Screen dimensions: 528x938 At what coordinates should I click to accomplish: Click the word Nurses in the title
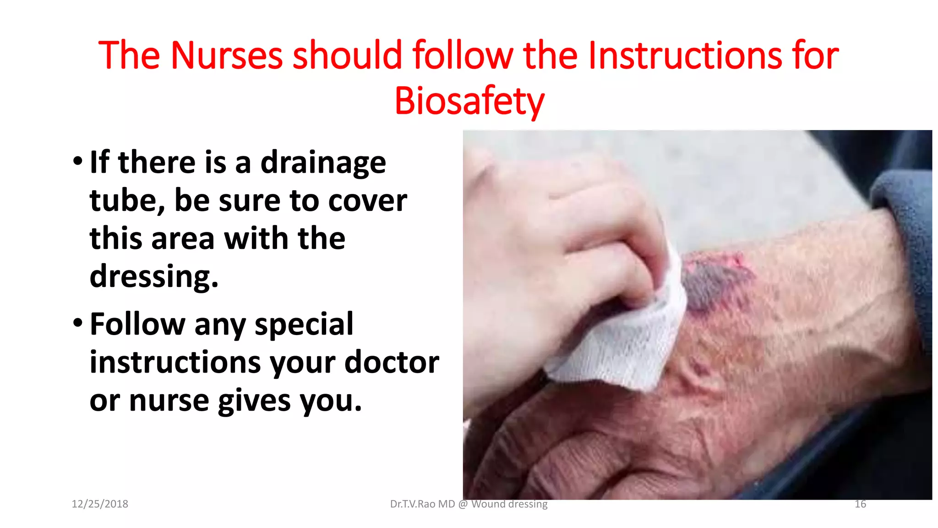[x=227, y=55]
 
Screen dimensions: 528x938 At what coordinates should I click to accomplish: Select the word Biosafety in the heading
[x=469, y=101]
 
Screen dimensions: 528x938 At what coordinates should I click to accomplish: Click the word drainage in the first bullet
[x=323, y=163]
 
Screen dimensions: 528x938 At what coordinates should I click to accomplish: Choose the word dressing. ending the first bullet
[x=154, y=277]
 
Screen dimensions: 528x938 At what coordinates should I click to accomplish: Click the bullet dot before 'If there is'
[x=78, y=161]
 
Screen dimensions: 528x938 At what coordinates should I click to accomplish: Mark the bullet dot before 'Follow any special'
[x=78, y=323]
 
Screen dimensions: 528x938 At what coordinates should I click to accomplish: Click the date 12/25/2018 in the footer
[x=100, y=504]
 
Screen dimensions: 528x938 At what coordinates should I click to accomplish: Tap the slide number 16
[x=860, y=504]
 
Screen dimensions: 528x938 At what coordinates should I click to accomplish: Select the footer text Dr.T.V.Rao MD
[x=422, y=504]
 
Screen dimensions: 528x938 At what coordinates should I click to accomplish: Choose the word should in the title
[x=348, y=55]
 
